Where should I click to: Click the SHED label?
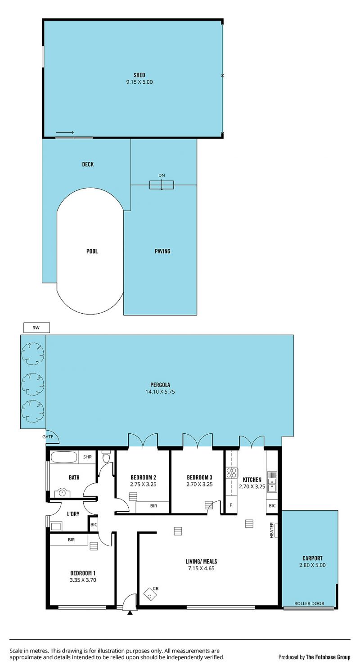click(x=139, y=75)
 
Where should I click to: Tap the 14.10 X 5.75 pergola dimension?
click(x=160, y=391)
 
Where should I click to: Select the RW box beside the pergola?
click(x=36, y=328)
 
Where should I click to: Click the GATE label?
click(x=48, y=437)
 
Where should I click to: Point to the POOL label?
click(x=92, y=251)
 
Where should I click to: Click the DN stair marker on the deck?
click(x=162, y=175)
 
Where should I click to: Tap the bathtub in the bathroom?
click(x=64, y=457)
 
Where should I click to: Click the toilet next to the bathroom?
click(x=106, y=457)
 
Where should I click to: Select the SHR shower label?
click(x=87, y=457)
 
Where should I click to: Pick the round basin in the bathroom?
click(x=62, y=492)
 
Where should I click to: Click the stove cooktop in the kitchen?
click(x=231, y=473)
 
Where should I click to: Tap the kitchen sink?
click(x=272, y=482)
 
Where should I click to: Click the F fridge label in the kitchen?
click(x=231, y=505)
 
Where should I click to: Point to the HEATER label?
click(x=272, y=531)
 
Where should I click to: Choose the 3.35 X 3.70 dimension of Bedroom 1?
click(x=83, y=580)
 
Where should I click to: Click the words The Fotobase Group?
click(x=328, y=657)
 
